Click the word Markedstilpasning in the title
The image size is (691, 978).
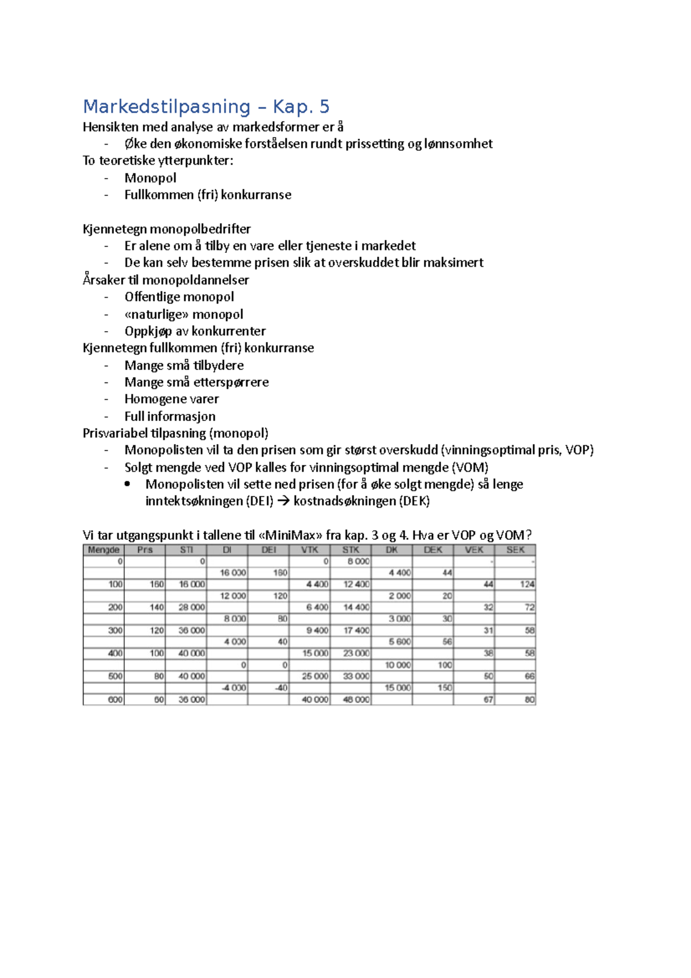coord(167,107)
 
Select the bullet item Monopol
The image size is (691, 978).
coord(150,178)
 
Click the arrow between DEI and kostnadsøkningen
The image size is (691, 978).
coord(283,501)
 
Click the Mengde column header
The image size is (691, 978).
coord(104,550)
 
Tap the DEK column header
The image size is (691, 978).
coord(432,550)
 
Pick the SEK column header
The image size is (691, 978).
coord(515,550)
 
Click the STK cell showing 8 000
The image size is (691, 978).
coord(358,562)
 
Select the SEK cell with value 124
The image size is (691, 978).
coord(527,585)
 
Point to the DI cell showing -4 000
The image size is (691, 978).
coord(234,688)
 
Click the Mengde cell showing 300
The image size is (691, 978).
coord(115,631)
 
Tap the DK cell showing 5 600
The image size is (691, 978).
coord(399,642)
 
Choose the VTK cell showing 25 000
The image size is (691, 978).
coord(315,676)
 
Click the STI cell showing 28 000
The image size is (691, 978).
coord(191,608)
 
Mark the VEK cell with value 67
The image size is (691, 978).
coord(488,700)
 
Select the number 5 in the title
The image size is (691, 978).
coord(324,107)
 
